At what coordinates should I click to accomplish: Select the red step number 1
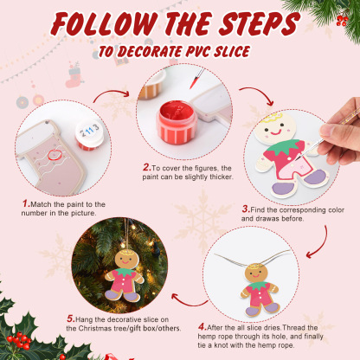pyautogui.click(x=27, y=203)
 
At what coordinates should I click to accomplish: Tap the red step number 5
pyautogui.click(x=69, y=318)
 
